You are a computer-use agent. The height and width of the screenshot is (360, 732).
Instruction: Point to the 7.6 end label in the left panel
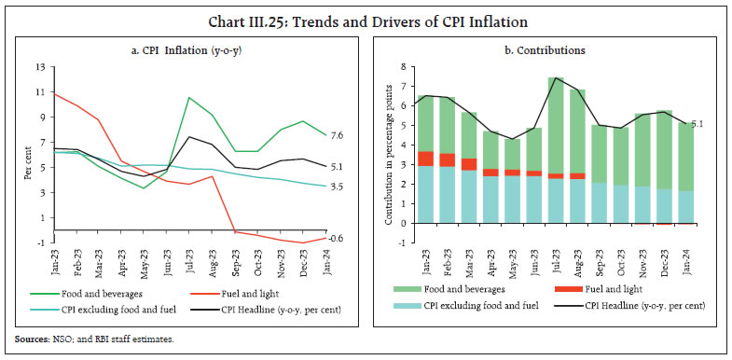click(x=338, y=136)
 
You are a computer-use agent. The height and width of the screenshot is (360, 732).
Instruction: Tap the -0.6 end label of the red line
click(x=337, y=238)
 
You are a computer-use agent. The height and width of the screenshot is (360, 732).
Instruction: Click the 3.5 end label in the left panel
click(x=338, y=187)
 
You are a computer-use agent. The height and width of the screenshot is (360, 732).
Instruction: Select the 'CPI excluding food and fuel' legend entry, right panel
click(x=473, y=305)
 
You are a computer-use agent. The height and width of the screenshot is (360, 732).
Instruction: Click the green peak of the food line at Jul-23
click(x=189, y=98)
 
